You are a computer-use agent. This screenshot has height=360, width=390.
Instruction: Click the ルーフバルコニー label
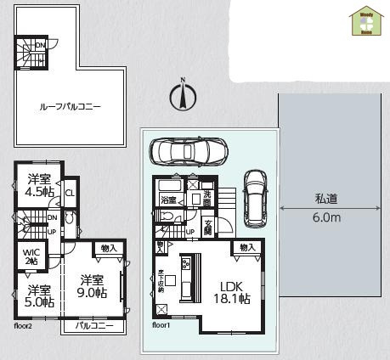(x=70, y=108)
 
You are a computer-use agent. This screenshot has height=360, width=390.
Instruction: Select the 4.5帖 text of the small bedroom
(x=37, y=193)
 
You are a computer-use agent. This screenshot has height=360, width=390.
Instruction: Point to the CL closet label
(x=69, y=193)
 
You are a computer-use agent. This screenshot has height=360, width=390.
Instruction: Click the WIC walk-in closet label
(x=30, y=251)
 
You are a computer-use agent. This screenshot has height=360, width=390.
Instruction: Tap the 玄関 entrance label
(x=208, y=227)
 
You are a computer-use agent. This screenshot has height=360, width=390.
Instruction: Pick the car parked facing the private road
(x=254, y=194)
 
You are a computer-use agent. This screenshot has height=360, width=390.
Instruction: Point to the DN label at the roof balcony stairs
(x=40, y=46)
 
